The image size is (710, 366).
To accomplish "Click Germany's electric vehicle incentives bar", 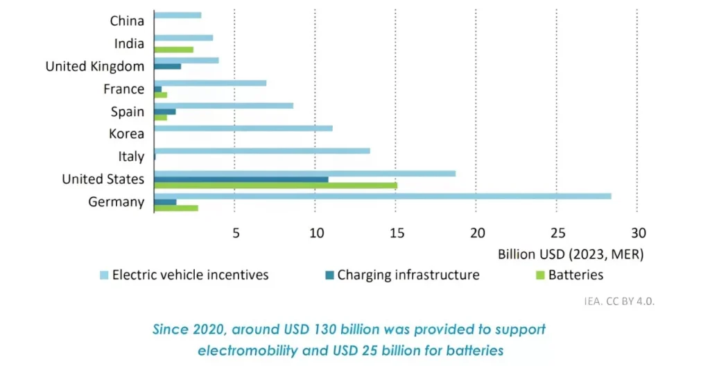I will click(x=382, y=196).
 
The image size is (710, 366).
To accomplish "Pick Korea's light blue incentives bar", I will click(x=243, y=128).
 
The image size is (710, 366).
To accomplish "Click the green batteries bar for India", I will click(x=173, y=49).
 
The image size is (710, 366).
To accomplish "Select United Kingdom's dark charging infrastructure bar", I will click(x=167, y=67).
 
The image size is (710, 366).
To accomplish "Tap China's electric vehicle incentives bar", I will click(x=177, y=15).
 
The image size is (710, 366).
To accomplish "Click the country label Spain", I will click(x=128, y=112).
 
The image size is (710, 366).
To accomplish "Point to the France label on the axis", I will click(x=124, y=89).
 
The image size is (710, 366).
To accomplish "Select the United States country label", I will click(x=103, y=179).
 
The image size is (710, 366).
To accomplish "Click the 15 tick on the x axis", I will click(x=395, y=232).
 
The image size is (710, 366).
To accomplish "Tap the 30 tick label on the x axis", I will click(x=638, y=232).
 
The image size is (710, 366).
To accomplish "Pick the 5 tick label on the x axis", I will click(x=235, y=232).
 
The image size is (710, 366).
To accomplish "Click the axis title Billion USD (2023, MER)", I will click(x=571, y=254).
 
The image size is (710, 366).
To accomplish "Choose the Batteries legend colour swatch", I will click(x=539, y=275).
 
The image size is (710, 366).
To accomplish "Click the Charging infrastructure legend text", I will click(x=408, y=275).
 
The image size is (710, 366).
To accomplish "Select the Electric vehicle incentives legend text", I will click(x=190, y=275).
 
